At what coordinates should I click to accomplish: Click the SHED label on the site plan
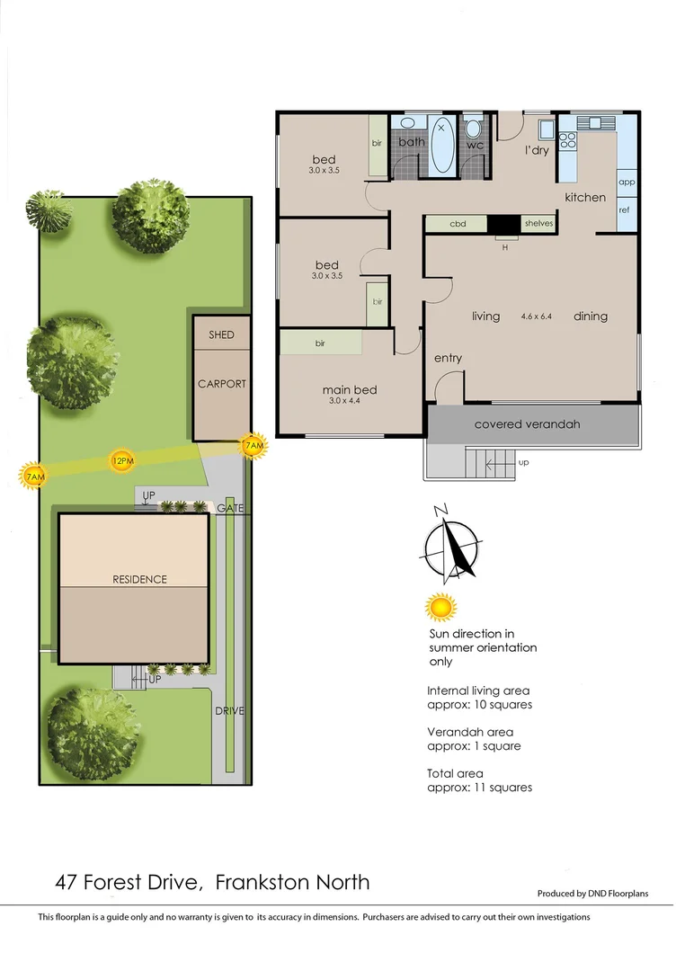tap(221, 334)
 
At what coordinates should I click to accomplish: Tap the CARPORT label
tap(221, 384)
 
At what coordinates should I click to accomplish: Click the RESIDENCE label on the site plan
tap(139, 579)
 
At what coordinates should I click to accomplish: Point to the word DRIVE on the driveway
tap(230, 710)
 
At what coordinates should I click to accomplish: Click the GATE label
tap(228, 509)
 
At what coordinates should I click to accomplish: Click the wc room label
tap(476, 145)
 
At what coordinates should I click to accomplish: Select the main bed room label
tap(350, 390)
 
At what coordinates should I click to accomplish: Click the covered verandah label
tap(528, 423)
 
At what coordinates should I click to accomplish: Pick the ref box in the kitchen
tap(625, 209)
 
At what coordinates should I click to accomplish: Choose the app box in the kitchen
tap(627, 182)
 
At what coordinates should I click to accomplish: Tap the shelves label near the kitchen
tap(538, 224)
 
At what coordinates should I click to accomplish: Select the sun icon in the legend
tap(440, 608)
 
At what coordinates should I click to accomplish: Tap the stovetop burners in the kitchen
tap(567, 140)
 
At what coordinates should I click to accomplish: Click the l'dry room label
tap(537, 150)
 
